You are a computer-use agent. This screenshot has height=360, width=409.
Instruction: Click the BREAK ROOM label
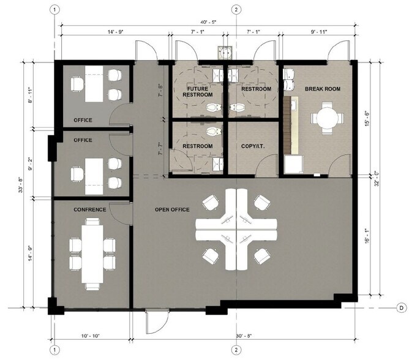tap(323, 89)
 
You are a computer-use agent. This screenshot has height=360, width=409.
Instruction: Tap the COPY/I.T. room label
tap(253, 146)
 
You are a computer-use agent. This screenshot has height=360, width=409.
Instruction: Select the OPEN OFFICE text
tap(172, 209)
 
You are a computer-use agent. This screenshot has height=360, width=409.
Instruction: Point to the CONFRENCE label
tap(90, 210)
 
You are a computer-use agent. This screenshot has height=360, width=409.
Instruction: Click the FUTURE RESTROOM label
tap(197, 92)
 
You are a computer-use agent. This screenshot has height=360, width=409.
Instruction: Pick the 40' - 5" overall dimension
tap(208, 22)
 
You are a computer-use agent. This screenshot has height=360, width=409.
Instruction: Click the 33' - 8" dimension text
tap(21, 185)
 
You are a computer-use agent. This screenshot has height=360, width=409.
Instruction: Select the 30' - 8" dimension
tap(244, 336)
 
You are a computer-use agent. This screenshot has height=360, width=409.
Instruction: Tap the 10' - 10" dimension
tap(90, 336)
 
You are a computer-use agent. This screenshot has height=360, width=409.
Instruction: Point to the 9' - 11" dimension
tap(319, 32)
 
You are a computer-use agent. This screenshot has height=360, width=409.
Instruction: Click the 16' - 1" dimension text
tap(367, 236)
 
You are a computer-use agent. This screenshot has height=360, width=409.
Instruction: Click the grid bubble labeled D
tap(402, 308)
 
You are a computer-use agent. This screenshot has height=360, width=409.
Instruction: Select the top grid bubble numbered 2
tap(236, 10)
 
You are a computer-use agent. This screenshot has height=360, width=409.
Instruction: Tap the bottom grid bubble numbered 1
tap(54, 350)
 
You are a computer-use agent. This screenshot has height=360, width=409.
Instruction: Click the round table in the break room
tap(327, 118)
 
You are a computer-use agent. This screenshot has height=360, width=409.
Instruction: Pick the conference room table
tap(92, 254)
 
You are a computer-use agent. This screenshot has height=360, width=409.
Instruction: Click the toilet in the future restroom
tap(214, 107)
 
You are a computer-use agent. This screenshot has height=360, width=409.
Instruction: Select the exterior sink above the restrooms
tap(225, 52)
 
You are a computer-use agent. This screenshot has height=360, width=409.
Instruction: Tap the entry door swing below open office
tap(157, 321)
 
